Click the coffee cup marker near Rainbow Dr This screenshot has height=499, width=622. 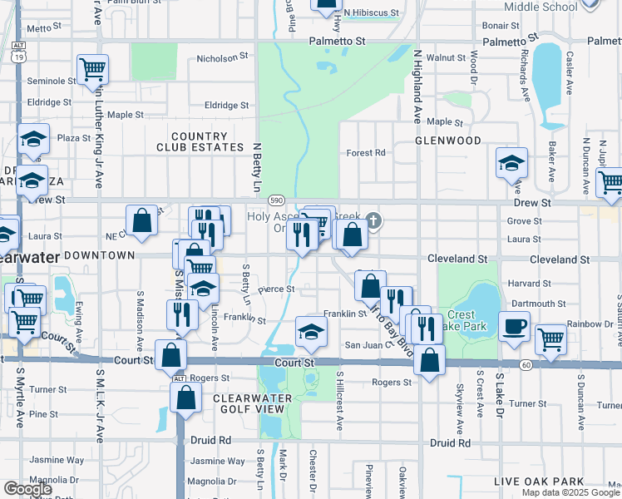pyautogui.click(x=514, y=327)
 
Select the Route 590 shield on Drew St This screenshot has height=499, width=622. pyautogui.click(x=276, y=200)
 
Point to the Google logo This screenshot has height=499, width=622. pyautogui.click(x=27, y=489)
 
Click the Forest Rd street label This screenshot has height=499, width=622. pyautogui.click(x=366, y=153)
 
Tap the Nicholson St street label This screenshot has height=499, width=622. pyautogui.click(x=222, y=59)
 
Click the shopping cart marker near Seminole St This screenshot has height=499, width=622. pyautogui.click(x=92, y=68)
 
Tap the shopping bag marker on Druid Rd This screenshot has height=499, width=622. pyautogui.click(x=185, y=397)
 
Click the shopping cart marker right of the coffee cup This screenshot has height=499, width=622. pyautogui.click(x=550, y=338)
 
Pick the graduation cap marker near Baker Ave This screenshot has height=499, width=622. pyautogui.click(x=511, y=162)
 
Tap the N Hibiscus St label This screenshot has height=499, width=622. pyautogui.click(x=372, y=13)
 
